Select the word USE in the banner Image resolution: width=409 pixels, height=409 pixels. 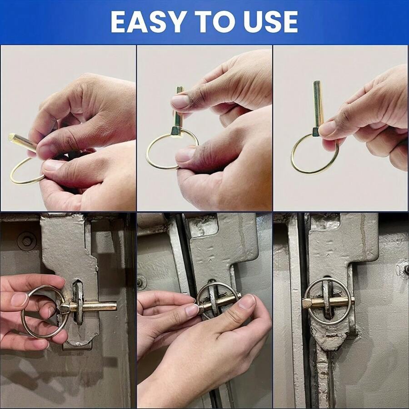point(268,21)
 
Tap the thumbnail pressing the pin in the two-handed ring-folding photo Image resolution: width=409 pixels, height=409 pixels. point(180,101)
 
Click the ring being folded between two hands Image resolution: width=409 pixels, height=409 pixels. point(159,155)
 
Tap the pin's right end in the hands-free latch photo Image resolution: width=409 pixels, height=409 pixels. point(352,300)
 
